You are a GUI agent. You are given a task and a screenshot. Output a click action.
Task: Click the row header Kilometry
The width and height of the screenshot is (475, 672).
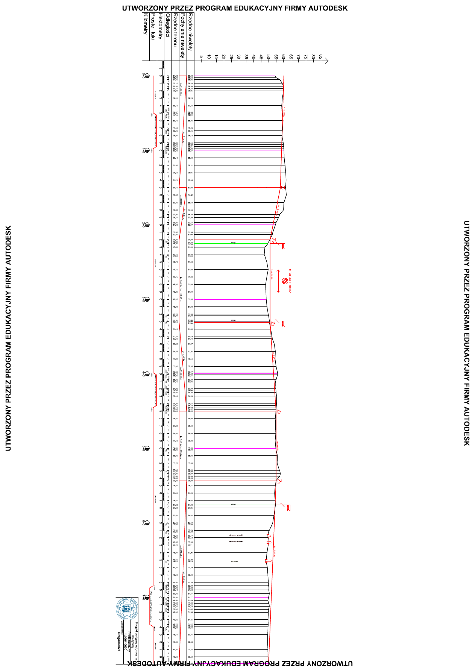pos(145,24)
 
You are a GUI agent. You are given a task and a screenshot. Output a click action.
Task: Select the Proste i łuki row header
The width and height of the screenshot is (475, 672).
pos(153,27)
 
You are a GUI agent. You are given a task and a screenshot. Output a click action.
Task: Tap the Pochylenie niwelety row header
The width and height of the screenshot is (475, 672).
pos(183,35)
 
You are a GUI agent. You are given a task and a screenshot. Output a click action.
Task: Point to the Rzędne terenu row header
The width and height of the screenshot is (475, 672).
pos(175,30)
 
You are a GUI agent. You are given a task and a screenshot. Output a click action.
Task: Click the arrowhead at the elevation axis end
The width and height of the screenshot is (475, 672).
pos(326,60)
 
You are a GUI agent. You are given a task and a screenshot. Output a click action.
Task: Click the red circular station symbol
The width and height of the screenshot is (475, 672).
pos(284,281)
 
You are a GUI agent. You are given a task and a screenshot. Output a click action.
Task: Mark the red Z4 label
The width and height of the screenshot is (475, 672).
pos(279,412)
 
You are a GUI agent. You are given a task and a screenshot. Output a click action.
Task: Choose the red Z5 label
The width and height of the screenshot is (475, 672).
pos(279,481)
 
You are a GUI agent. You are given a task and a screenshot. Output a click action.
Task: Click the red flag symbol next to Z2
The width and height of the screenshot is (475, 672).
pos(283,246)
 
